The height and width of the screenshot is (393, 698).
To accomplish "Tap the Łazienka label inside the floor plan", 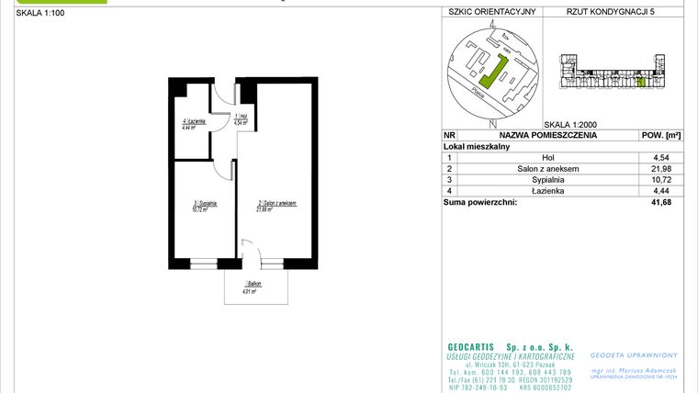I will (193, 124).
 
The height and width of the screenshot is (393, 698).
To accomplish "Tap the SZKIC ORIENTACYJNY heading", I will (491, 13).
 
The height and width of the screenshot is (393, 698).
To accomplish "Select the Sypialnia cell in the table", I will (547, 180).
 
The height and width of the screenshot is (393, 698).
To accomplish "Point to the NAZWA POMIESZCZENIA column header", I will (547, 135).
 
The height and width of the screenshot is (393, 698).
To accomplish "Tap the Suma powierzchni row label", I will (480, 202).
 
